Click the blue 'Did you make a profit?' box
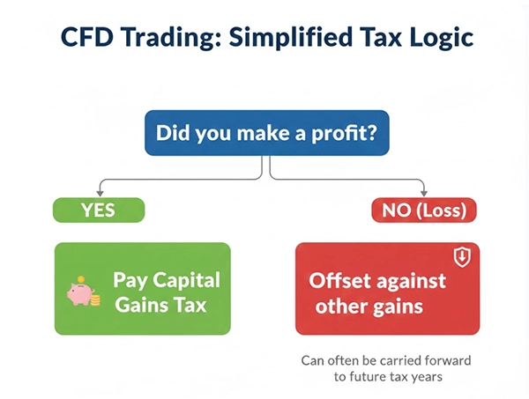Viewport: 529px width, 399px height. [x=264, y=133]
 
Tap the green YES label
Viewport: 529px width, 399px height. [x=98, y=211]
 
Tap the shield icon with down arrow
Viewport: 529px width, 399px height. [x=461, y=256]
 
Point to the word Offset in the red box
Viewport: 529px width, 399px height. [x=339, y=282]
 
